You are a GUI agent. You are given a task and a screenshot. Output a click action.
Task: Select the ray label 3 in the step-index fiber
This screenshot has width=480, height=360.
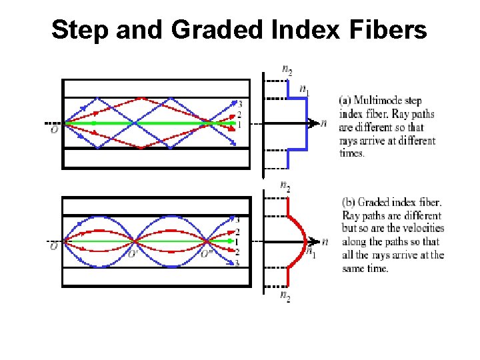239,105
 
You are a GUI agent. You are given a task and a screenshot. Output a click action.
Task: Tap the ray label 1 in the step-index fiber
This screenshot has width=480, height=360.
239,124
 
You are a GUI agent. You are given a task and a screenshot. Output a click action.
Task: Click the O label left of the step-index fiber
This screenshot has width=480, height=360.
54,130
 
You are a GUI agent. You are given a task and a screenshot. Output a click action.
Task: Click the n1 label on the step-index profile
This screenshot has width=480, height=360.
304,89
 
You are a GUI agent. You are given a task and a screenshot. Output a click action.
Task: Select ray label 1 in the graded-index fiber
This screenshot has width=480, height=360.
238,241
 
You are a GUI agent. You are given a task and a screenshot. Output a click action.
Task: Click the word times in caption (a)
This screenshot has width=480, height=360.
353,153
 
